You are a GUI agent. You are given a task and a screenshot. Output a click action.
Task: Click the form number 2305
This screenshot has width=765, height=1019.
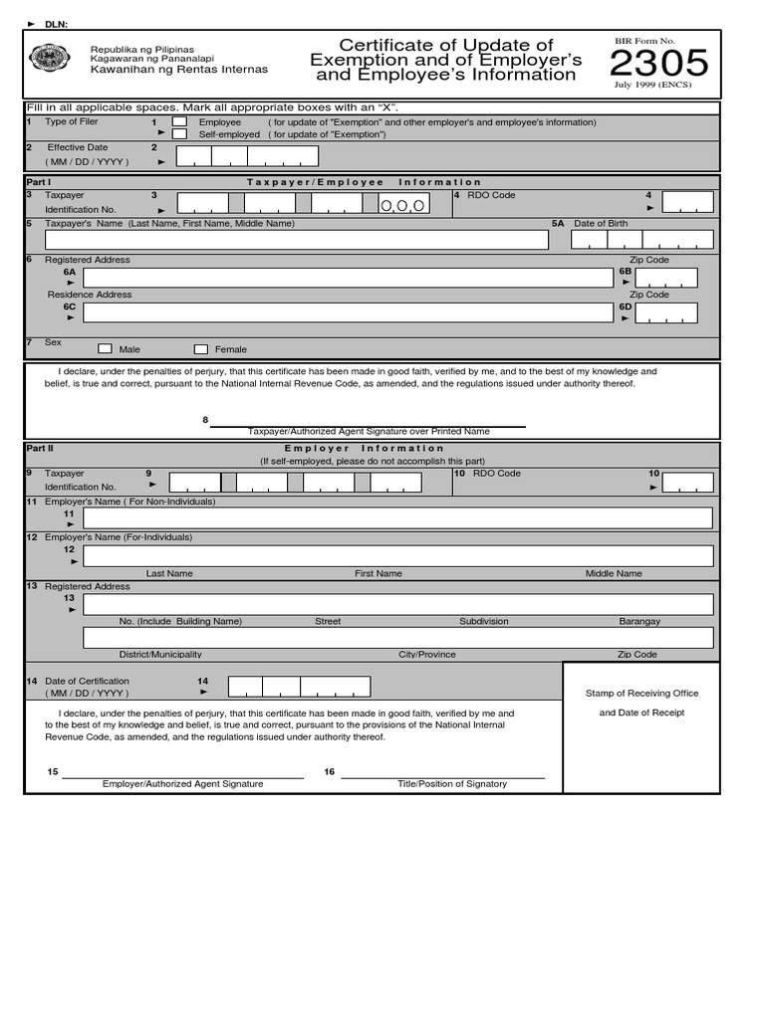click(x=658, y=65)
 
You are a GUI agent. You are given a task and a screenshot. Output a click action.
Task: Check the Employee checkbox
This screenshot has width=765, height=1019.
click(x=179, y=122)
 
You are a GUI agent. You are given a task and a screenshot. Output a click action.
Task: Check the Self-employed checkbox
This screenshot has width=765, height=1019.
click(x=179, y=134)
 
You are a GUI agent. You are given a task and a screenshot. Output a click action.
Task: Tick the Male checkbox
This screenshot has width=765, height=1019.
click(x=105, y=349)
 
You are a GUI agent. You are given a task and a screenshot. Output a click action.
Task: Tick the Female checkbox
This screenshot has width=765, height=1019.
click(x=200, y=349)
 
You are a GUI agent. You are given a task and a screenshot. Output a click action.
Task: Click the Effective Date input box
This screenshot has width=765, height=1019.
click(x=247, y=156)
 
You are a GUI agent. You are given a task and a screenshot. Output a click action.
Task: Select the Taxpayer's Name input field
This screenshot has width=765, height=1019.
click(x=296, y=240)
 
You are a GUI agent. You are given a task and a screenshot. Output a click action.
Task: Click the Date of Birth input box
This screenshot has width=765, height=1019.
click(x=641, y=240)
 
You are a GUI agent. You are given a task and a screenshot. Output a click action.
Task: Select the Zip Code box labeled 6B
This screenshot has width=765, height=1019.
click(x=666, y=278)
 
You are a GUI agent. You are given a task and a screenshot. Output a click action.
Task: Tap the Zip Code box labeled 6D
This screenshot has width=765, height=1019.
click(x=666, y=312)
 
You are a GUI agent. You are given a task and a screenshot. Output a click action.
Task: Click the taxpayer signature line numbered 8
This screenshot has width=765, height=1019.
click(x=368, y=425)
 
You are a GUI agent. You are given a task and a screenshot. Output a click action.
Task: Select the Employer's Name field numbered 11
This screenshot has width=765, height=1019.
click(x=397, y=518)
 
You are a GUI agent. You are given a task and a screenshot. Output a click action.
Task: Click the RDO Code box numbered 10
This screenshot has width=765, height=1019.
click(x=688, y=483)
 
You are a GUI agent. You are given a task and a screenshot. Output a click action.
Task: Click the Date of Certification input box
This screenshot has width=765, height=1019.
click(x=299, y=687)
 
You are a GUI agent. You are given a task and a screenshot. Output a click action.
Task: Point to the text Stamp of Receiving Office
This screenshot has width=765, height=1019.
click(x=641, y=694)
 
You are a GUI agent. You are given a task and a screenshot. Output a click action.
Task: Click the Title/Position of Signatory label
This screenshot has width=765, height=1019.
click(x=452, y=784)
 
